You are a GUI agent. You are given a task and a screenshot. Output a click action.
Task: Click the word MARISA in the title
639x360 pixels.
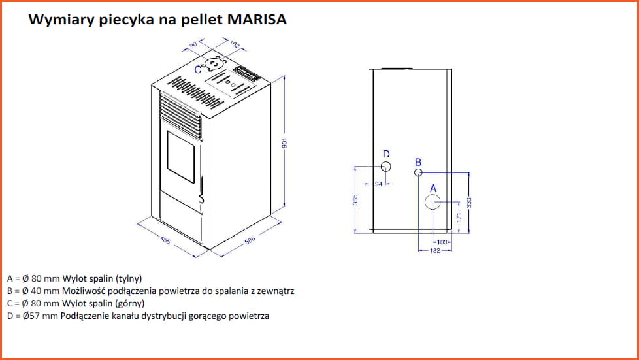(257, 19)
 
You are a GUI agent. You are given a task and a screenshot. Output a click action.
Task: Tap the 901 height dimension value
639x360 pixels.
(285, 143)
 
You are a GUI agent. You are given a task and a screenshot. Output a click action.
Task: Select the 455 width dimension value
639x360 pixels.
(165, 240)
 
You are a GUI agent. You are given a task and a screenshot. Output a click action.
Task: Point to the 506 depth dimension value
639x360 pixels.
(250, 240)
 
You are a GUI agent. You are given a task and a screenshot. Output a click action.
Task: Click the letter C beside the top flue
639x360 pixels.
(198, 70)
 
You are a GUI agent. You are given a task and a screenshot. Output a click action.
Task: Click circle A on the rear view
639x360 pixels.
(433, 202)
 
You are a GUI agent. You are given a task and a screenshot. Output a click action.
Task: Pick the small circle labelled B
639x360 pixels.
(418, 172)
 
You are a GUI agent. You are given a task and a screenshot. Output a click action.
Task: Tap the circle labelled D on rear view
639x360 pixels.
(385, 167)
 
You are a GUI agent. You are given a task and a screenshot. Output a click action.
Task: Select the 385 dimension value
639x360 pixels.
(355, 200)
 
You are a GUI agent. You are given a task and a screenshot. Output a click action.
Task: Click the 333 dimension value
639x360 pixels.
(469, 203)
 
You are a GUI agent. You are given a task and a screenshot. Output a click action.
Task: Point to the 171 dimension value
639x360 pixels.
(459, 218)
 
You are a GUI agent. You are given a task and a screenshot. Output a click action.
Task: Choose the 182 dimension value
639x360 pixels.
(435, 250)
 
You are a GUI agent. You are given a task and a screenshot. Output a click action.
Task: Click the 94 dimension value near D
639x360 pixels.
(378, 184)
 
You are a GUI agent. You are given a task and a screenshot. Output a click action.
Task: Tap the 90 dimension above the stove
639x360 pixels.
(193, 44)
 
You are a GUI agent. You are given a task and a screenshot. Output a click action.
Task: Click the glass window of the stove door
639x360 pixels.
(180, 157)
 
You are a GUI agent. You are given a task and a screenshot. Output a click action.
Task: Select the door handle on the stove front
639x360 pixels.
(201, 199)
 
